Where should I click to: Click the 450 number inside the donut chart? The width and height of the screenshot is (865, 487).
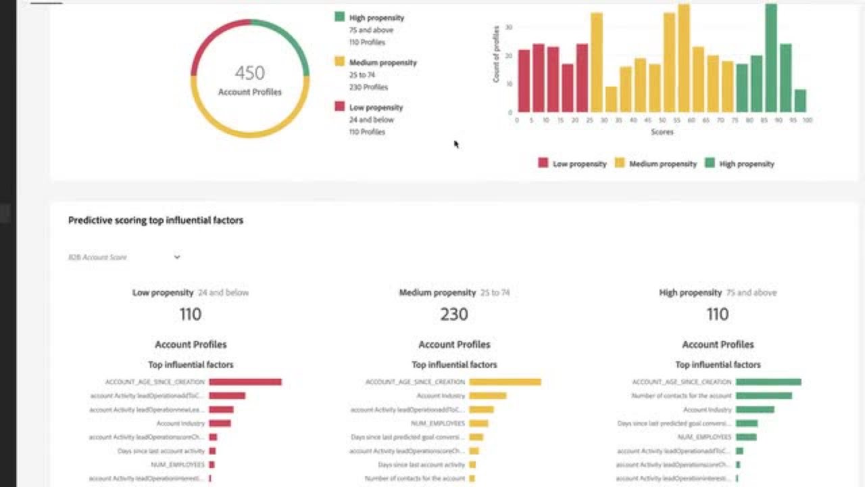pos(249,73)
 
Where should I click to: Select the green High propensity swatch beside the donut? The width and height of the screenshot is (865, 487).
pos(339,17)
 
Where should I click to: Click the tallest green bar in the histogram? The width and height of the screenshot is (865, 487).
pos(770,58)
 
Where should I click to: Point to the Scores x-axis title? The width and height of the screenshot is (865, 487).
pos(662,133)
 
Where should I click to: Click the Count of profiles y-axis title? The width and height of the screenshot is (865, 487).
pos(496,54)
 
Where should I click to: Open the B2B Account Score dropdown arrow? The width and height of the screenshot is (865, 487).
pos(177,257)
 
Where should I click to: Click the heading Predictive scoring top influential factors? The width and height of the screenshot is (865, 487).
pos(155,221)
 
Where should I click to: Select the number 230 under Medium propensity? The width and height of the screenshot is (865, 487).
pos(454,315)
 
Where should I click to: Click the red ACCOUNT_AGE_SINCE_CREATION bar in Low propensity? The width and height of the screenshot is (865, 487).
pos(245,382)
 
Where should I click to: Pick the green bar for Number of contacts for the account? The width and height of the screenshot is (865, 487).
pos(764,396)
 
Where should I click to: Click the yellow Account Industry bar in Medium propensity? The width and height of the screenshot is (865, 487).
pos(487,396)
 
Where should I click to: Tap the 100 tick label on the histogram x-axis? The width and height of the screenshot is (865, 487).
pos(807,120)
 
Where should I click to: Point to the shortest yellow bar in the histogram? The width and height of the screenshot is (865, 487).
pos(611,99)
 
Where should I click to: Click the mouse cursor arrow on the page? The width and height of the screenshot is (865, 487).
pos(456,143)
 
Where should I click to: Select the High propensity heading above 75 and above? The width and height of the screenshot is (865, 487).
pos(690,293)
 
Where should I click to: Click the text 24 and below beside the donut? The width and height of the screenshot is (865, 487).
pos(371,120)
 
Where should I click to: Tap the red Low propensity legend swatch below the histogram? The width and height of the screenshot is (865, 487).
pos(543,163)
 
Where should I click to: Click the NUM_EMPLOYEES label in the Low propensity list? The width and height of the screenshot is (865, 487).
pos(178,465)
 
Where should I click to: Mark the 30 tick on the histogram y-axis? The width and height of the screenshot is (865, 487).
pos(509,28)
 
